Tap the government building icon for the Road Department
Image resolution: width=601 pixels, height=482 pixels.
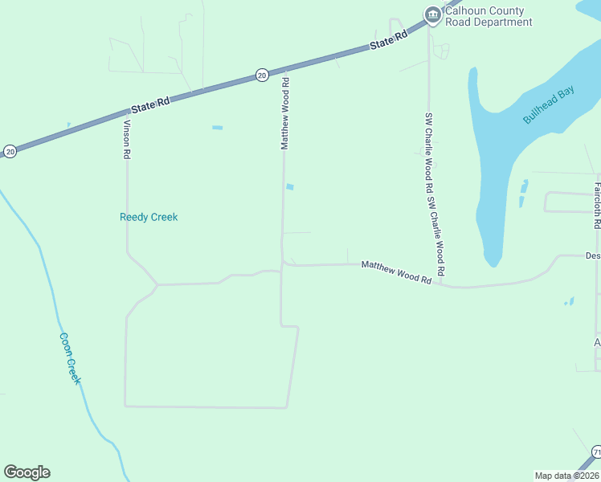(433, 15)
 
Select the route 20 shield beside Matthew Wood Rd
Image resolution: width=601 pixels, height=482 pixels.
(262, 75)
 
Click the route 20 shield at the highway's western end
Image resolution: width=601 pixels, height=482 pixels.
(10, 151)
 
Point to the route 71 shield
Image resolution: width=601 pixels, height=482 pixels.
(596, 453)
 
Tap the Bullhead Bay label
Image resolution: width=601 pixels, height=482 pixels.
(549, 105)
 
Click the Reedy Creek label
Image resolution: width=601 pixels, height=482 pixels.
(149, 217)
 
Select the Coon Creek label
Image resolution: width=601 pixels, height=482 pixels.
(70, 358)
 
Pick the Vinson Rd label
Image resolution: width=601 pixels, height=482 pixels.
(126, 139)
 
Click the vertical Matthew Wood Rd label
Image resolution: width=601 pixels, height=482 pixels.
(284, 113)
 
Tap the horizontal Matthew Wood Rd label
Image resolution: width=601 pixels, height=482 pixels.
(397, 272)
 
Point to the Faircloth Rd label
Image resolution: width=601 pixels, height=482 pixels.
(597, 206)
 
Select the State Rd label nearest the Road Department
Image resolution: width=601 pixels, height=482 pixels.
(390, 42)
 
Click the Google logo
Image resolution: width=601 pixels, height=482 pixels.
(27, 472)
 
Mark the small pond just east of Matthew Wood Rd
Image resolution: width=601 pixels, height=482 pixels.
(289, 187)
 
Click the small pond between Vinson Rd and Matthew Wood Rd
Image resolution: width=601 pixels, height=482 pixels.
(217, 128)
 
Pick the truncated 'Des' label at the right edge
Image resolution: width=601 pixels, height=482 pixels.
(592, 256)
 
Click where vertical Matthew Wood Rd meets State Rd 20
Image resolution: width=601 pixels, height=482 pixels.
(283, 70)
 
